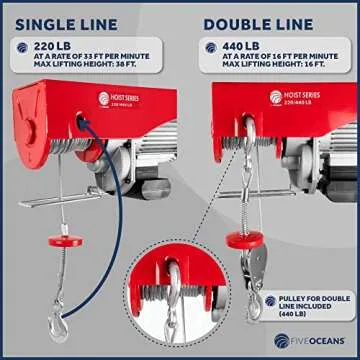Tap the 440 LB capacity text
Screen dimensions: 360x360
(229, 46)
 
